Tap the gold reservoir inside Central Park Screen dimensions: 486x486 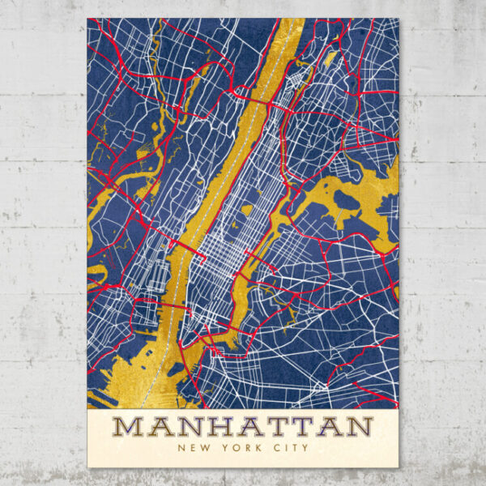click(x=246, y=210)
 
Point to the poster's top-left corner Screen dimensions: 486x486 click(x=87, y=19)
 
